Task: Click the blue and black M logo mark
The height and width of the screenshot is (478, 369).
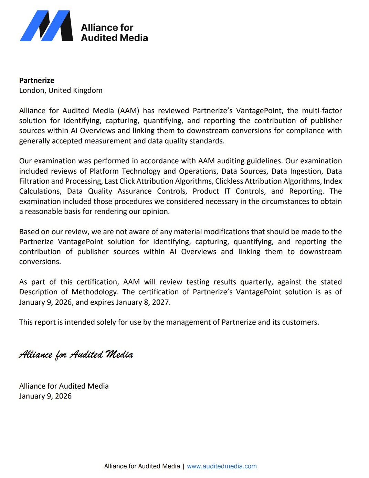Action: coord(46,26)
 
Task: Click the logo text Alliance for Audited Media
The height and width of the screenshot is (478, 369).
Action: coord(114,33)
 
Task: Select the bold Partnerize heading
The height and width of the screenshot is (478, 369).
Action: coord(37,80)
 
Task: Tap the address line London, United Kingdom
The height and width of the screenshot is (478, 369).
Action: coord(61,90)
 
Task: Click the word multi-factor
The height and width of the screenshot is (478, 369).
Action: coord(322,111)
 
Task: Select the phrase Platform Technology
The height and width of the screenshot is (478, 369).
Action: coord(125,171)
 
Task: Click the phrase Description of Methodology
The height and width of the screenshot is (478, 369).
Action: coord(68,292)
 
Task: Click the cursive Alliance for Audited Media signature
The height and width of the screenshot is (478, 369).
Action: coord(76,355)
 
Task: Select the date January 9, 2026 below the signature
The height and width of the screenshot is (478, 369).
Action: coord(45,396)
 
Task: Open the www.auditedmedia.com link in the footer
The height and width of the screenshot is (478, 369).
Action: coord(222,466)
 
